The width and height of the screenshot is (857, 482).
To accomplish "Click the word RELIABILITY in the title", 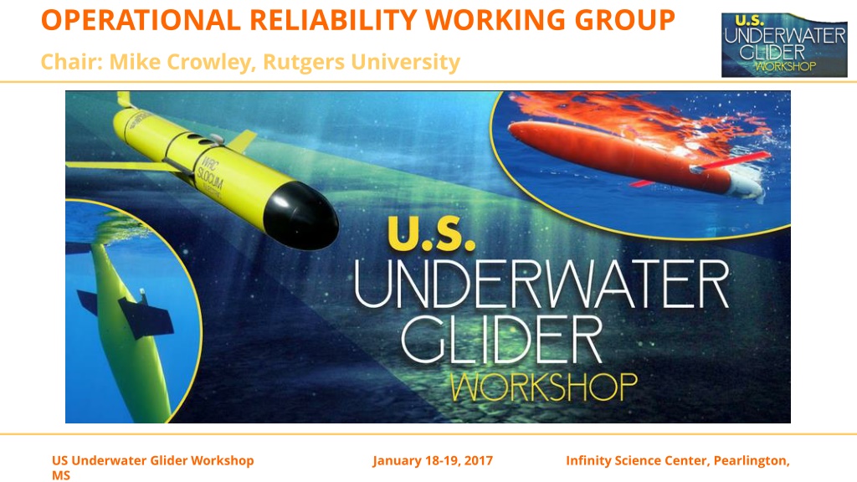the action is click(333, 20).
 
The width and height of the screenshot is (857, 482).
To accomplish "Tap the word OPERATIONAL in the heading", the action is click(141, 20).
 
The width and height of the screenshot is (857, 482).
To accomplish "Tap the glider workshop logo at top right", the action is click(784, 45).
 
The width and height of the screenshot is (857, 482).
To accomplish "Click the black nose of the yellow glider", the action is click(300, 216).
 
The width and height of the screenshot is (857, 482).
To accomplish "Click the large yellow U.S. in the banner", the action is click(431, 233).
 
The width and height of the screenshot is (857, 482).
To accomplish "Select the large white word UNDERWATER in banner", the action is click(541, 283).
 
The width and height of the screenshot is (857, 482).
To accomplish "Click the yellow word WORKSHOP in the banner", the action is click(544, 387).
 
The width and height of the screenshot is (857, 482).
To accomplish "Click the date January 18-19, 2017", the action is click(433, 461).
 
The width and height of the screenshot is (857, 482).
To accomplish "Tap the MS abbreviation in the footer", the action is click(61, 475).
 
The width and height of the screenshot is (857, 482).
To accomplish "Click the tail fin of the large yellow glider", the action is click(124, 100).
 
